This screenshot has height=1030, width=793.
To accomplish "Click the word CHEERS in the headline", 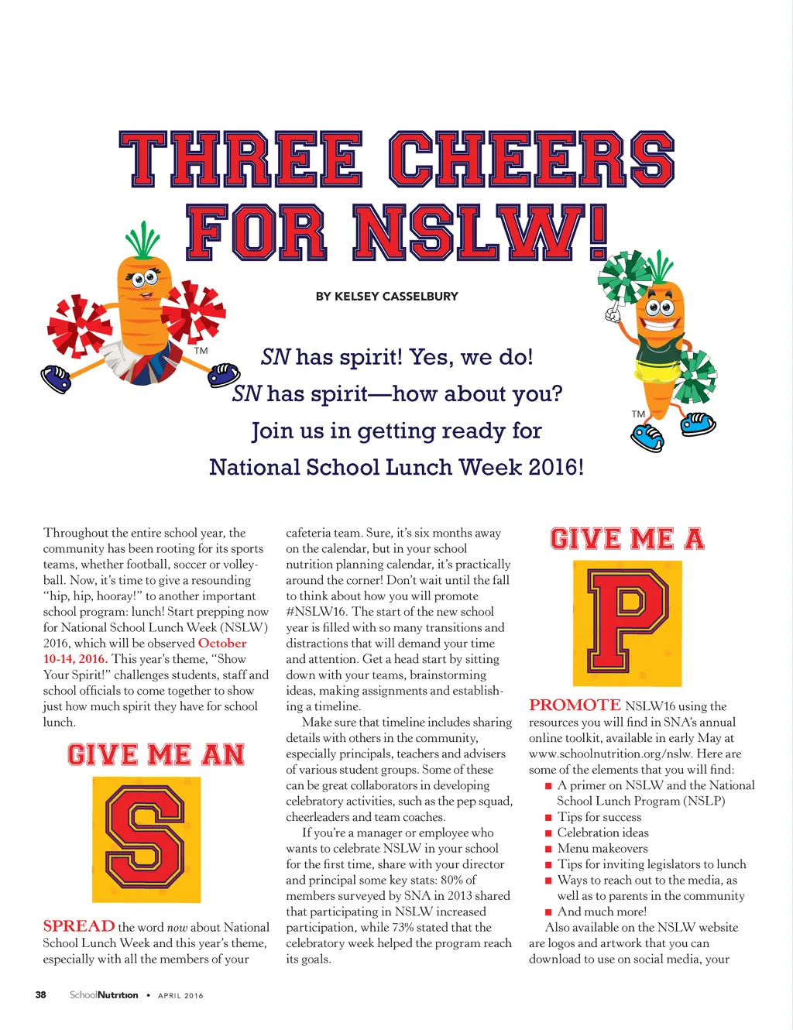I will click(531, 160).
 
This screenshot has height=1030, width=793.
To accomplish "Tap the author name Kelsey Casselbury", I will click(386, 296).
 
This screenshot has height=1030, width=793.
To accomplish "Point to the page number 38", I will click(41, 995).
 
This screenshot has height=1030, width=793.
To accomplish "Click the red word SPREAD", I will click(79, 926).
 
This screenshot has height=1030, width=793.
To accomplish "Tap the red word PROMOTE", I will click(575, 705).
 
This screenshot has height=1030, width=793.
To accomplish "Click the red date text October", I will click(222, 643).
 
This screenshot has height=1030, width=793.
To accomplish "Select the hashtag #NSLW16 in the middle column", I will click(317, 611).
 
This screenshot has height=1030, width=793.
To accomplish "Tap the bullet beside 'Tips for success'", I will click(549, 818).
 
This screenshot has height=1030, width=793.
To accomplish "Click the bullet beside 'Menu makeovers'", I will click(549, 850).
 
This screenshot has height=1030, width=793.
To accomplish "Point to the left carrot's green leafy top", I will click(143, 240).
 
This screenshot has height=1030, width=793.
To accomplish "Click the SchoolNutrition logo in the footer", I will click(104, 995).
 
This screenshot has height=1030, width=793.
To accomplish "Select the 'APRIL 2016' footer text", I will click(180, 996).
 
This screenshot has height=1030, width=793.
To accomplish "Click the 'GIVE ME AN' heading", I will click(156, 755).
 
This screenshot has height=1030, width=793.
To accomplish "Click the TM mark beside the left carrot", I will click(201, 351).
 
